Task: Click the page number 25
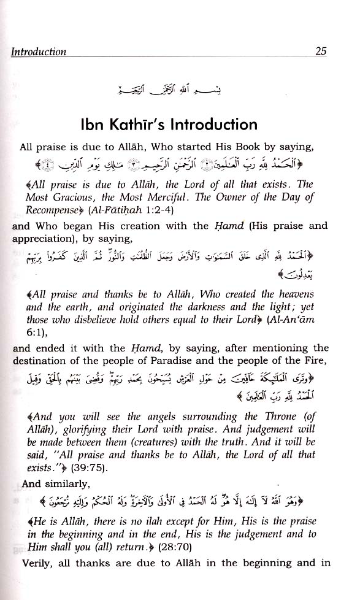(x=321, y=52)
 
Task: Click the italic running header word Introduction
(x=39, y=52)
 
